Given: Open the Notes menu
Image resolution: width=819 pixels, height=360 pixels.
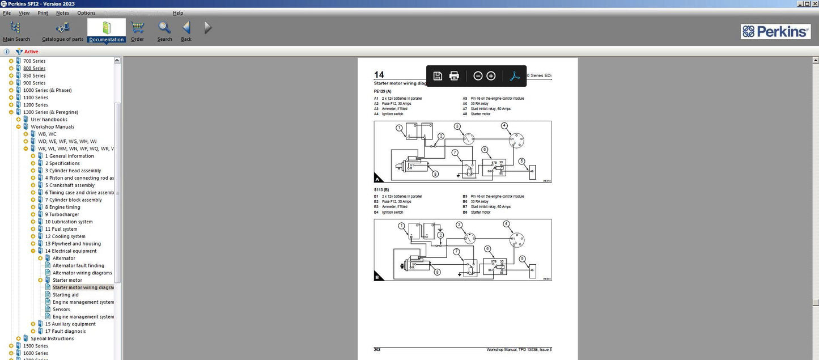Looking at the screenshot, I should coord(62,13).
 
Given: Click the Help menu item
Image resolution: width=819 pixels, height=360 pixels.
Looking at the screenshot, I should coord(178,13).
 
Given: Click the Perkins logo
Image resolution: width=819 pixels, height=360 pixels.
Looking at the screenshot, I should coord(775,32).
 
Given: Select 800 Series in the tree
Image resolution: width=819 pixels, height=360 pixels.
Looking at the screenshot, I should coord(34,69).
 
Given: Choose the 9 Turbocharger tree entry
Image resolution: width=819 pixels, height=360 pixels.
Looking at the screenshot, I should coord(62,215).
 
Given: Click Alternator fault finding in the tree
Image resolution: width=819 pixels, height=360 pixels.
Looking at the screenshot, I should coord(78,266).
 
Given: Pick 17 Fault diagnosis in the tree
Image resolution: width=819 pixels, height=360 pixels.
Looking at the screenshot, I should coord(65,332).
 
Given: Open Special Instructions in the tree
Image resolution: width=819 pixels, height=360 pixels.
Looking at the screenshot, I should coord(52,339).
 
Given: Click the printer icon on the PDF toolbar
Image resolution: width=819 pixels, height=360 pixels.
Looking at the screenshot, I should coord(454,76).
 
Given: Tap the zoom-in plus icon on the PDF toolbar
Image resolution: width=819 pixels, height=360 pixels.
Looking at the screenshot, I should coord(491,76).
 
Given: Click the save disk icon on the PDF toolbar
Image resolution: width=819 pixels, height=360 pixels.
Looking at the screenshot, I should coord(438,76).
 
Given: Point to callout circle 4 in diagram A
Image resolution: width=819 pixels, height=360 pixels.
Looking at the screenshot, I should coord(504,126).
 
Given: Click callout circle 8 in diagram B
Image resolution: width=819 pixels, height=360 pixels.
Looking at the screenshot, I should coord(437,272).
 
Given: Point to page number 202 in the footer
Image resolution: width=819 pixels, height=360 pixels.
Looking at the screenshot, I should coord(377,349).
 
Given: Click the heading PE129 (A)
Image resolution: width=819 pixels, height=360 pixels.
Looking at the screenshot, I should coord(382,91).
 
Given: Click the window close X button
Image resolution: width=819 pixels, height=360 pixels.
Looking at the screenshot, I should coord(813,3).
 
